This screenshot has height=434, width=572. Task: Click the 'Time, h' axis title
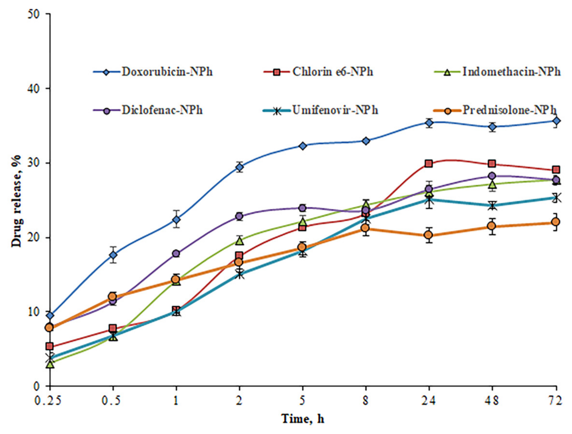pyautogui.click(x=303, y=419)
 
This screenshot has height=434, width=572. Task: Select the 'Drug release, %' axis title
pyautogui.click(x=17, y=200)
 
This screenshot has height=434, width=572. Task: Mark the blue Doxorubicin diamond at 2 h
pyautogui.click(x=239, y=167)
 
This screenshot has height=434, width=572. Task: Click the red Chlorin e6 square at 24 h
pyautogui.click(x=429, y=163)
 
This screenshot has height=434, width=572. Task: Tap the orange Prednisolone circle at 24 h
pyautogui.click(x=429, y=235)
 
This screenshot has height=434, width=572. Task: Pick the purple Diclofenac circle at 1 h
pyautogui.click(x=176, y=253)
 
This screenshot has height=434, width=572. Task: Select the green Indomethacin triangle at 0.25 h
pyautogui.click(x=50, y=364)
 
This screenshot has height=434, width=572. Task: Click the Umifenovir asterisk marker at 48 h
pyautogui.click(x=492, y=206)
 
